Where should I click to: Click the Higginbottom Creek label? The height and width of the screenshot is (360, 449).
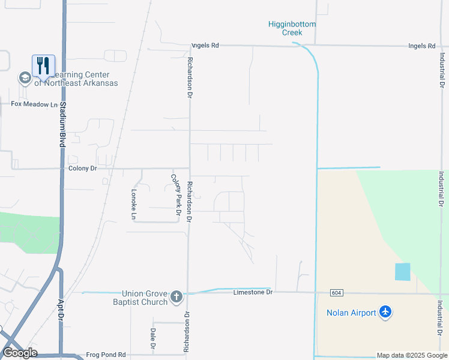click(x=292, y=28)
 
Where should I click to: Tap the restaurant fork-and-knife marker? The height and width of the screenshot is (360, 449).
click(x=43, y=65)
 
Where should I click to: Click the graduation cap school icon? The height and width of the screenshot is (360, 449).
click(x=25, y=78)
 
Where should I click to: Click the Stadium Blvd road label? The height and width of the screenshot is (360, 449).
click(x=62, y=124)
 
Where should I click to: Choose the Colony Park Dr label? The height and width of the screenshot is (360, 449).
click(x=176, y=195)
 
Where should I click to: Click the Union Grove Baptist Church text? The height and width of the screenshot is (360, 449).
click(x=144, y=298)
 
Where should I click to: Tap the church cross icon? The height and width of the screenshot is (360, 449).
click(x=176, y=296)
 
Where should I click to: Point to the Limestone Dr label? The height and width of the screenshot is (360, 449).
click(x=253, y=292)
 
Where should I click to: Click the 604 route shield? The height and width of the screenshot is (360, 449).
click(x=337, y=292)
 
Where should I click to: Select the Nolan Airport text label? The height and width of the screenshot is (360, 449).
click(x=351, y=313)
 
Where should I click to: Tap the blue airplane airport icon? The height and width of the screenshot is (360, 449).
click(x=385, y=312)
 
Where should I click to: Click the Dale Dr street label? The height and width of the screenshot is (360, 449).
click(x=152, y=339)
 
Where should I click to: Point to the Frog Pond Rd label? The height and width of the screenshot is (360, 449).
click(x=106, y=355)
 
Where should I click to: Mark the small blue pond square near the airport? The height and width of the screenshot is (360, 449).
click(x=403, y=272)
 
